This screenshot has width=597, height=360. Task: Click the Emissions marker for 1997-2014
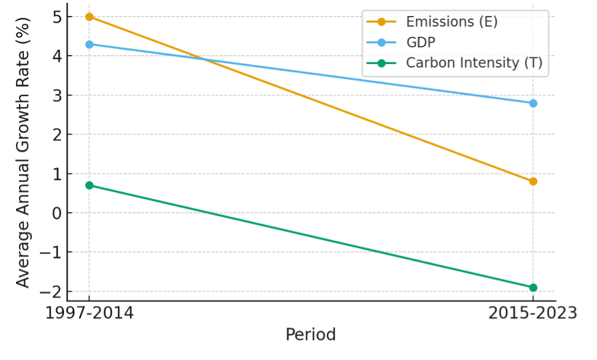89,17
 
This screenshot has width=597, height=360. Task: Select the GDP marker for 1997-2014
89,44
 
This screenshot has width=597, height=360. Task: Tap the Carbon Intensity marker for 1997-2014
89,185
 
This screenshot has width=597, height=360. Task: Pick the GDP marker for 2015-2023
533,103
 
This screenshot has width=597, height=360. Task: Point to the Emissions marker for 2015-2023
533,181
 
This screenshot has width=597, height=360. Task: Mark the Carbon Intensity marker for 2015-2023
533,287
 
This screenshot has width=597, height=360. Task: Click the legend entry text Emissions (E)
451,22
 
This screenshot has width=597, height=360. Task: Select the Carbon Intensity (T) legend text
474,63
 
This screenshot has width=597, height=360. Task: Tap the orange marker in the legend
381,22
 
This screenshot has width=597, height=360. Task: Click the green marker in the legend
381,63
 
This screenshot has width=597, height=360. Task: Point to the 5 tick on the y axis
57,17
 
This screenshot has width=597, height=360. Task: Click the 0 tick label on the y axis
57,213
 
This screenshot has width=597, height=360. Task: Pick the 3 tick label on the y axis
57,95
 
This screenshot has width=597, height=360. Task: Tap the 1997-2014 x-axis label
89,313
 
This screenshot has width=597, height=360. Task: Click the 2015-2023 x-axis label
533,313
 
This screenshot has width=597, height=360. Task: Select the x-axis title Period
310,335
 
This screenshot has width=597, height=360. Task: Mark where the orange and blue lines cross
204,59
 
